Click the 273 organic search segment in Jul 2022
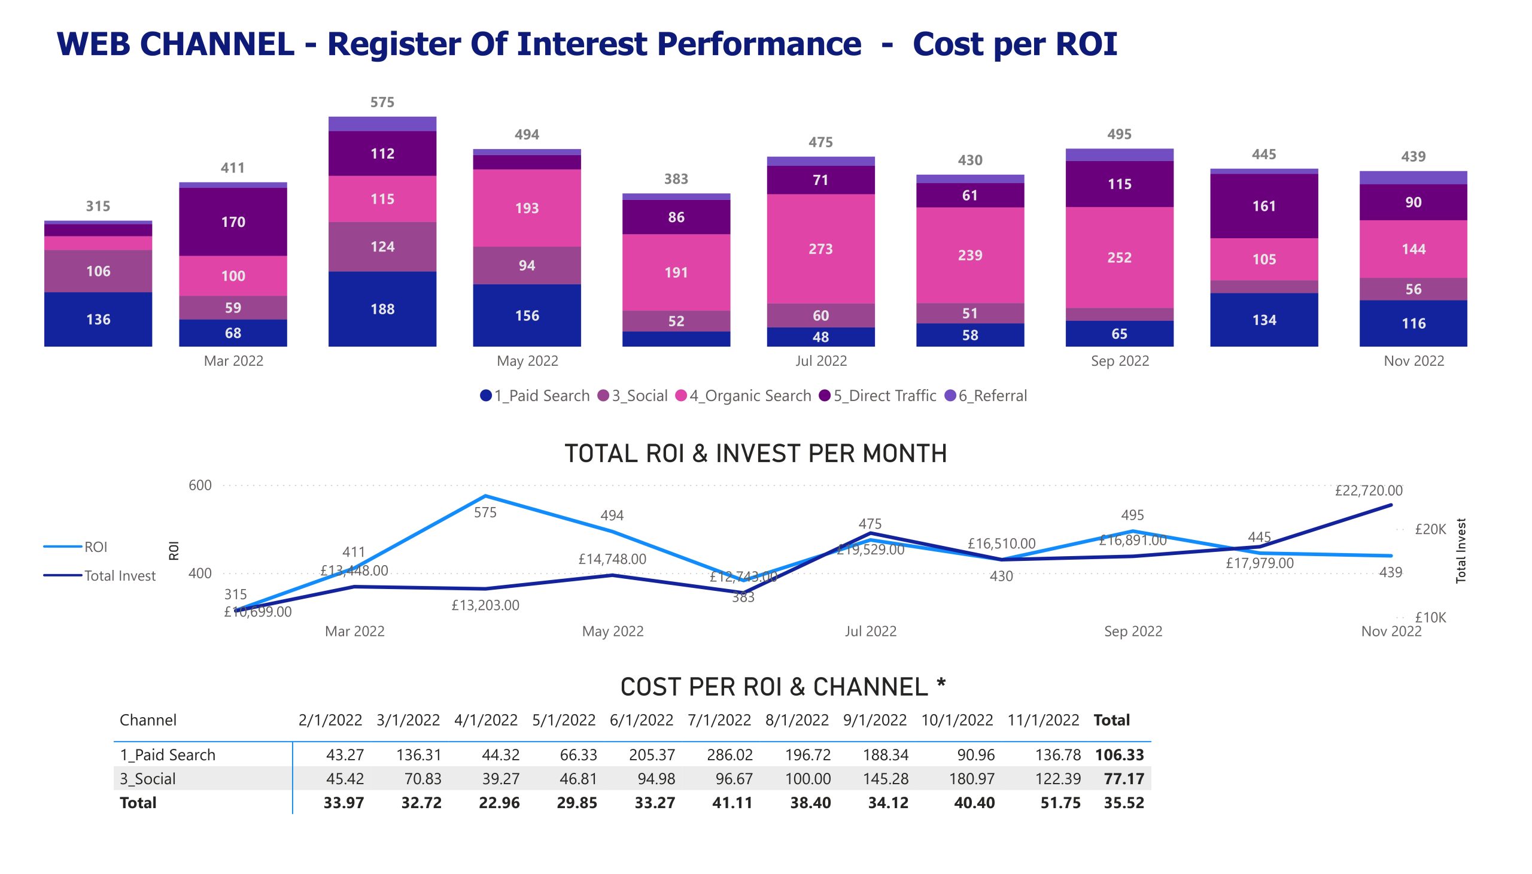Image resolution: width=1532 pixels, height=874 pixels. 820,248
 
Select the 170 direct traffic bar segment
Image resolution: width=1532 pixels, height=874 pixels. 233,221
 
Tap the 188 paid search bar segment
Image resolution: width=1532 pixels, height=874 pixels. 382,308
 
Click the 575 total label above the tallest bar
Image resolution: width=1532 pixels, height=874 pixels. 382,102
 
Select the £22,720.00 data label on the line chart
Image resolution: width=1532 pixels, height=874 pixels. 1368,490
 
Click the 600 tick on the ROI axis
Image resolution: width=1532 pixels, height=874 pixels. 200,485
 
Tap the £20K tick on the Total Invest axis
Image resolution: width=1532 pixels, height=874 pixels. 1430,529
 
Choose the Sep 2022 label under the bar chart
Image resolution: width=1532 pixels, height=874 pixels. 1119,361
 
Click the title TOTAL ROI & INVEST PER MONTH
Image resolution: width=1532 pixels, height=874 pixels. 755,453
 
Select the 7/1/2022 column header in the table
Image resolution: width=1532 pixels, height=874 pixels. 719,720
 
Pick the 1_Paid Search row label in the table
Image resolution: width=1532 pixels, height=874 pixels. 168,754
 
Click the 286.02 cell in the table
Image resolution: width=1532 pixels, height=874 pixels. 729,754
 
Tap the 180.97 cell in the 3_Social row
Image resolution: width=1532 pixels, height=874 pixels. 971,779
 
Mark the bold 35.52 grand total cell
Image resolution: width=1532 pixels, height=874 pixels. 1123,803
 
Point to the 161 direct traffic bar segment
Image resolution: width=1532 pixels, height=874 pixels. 1263,206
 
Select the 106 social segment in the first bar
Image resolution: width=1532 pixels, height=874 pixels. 98,271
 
